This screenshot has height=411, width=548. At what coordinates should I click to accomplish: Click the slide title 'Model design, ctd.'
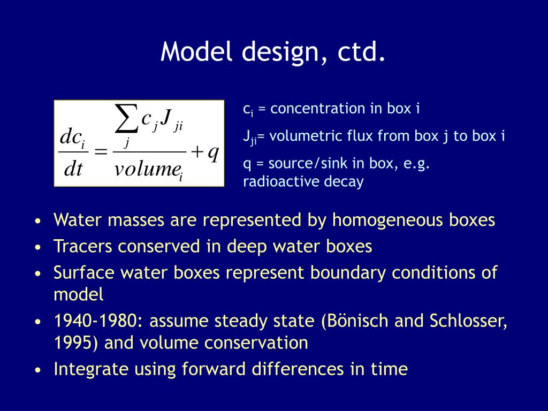point(273,52)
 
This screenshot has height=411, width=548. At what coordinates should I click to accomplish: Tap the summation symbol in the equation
point(127,120)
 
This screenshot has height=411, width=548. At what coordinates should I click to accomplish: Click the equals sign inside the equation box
point(100,153)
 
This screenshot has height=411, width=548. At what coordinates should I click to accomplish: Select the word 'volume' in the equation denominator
point(146,170)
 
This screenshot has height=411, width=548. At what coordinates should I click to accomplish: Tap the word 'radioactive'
point(276,182)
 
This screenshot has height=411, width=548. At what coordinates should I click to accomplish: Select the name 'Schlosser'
point(467,321)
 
